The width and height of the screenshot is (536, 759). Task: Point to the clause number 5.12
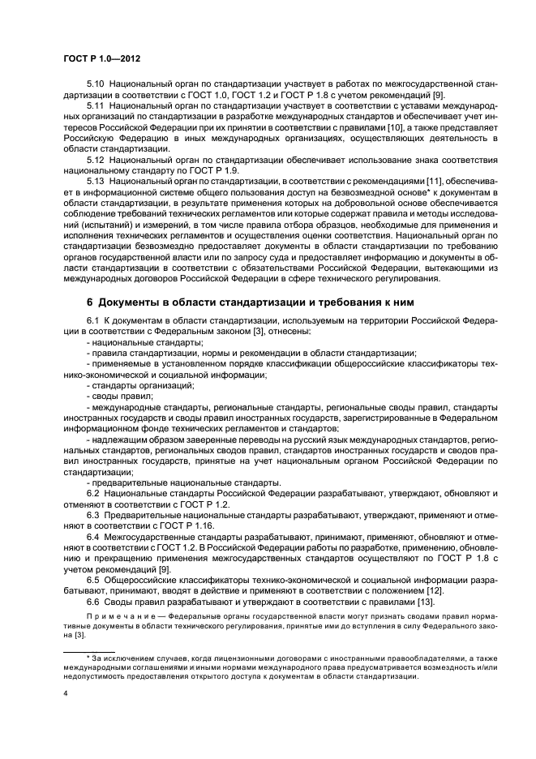[96, 161]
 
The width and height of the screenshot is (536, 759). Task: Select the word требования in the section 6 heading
[332, 302]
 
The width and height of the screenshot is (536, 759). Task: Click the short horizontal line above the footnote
[90, 650]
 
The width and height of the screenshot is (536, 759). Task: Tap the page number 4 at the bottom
[65, 694]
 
